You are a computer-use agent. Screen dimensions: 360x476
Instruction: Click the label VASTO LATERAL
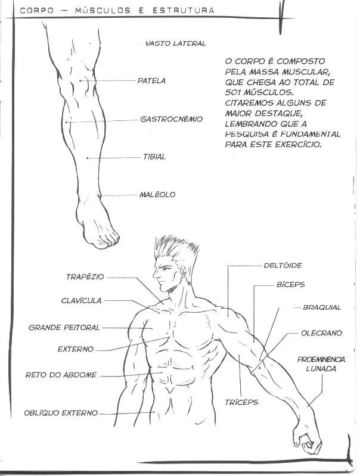tap(175, 43)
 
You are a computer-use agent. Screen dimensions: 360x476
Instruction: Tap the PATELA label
tap(151, 81)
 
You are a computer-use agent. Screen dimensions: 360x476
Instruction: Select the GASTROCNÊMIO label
tap(171, 119)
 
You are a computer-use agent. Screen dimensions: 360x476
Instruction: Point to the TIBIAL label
tap(154, 157)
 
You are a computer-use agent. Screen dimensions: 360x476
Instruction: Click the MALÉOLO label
tap(157, 195)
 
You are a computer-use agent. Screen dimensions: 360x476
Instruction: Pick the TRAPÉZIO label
tap(85, 277)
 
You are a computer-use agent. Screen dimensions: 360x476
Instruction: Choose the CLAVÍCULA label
tap(81, 301)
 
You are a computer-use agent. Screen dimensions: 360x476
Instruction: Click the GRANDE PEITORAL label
tap(64, 328)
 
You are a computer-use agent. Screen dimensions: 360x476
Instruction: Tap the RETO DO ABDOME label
tap(61, 375)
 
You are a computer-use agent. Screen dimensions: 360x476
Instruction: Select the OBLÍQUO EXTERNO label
tap(61, 413)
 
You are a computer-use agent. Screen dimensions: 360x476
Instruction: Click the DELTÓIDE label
tap(283, 265)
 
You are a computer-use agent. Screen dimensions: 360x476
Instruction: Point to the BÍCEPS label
tap(290, 285)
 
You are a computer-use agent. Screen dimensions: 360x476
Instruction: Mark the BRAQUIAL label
tap(322, 308)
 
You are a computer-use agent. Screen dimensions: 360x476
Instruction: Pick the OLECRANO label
tap(321, 334)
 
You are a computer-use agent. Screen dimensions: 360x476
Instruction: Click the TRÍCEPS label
tap(243, 403)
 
